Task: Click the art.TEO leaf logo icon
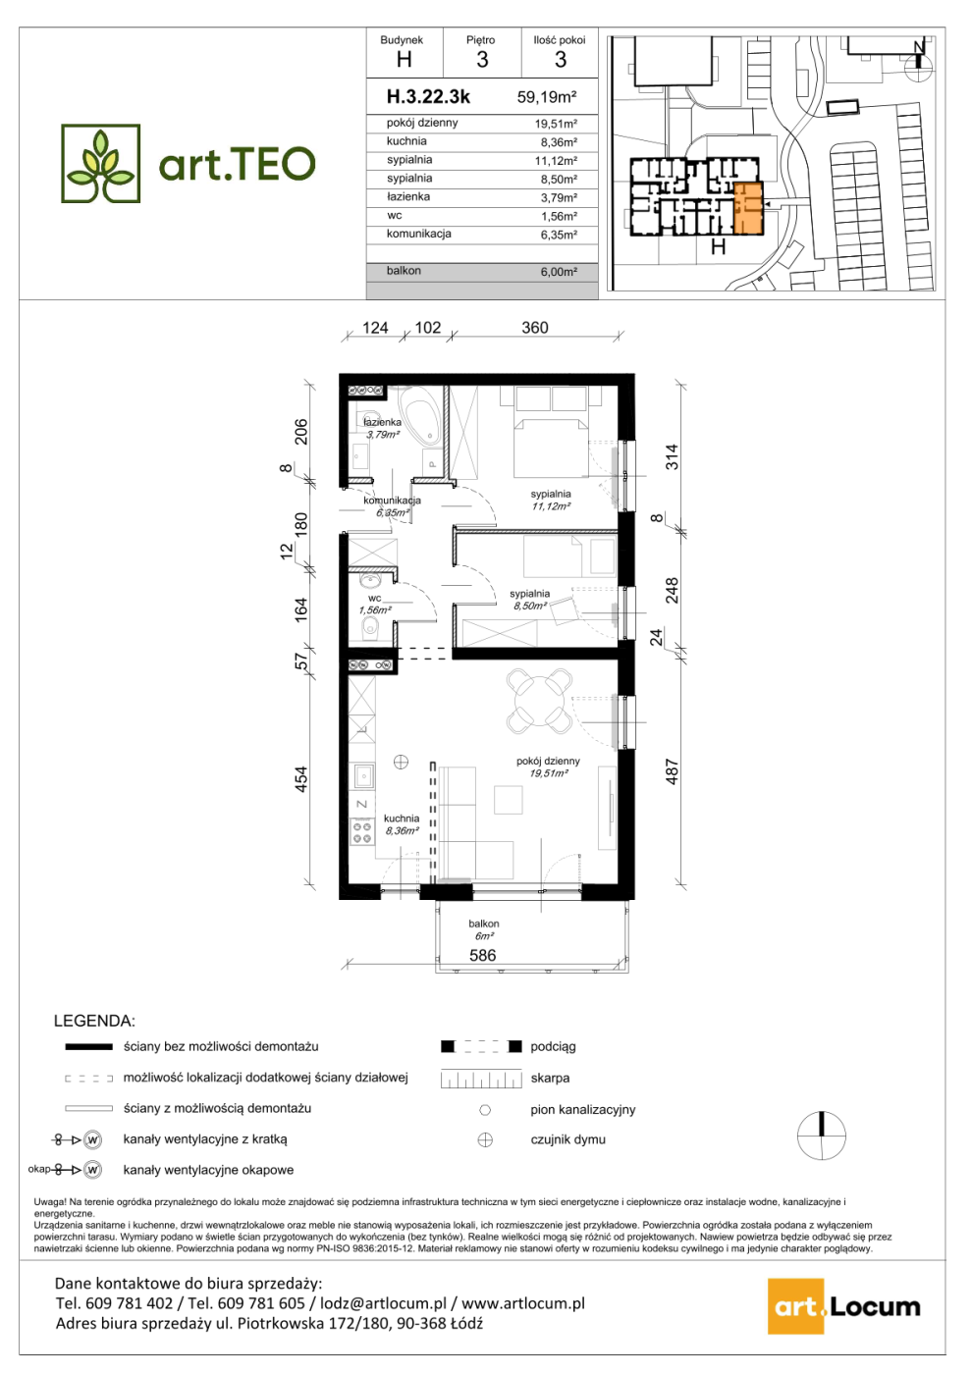tap(100, 163)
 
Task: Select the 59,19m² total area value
tap(547, 97)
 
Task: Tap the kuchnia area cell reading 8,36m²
tap(559, 142)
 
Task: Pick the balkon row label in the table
tap(404, 271)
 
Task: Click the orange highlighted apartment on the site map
tap(748, 208)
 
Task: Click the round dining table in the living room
tap(540, 700)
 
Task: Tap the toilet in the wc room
tap(370, 627)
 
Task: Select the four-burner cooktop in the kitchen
tap(362, 832)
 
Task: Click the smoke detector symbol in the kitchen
tap(401, 762)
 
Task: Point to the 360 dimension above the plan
tap(535, 328)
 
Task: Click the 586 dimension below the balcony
tap(482, 955)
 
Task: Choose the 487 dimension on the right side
tap(672, 771)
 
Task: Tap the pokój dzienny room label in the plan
tap(548, 761)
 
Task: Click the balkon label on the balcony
tap(483, 924)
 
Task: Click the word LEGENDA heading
tap(94, 1022)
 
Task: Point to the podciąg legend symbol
tap(481, 1046)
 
